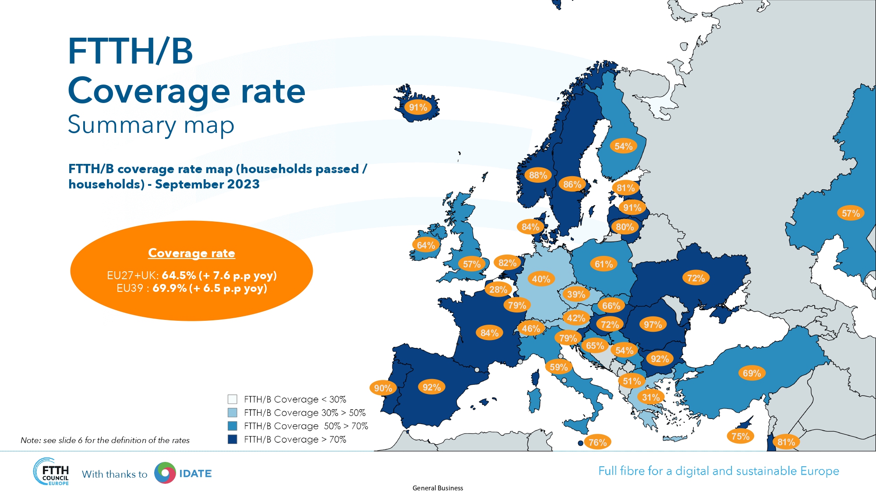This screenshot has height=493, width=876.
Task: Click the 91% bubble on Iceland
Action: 418,107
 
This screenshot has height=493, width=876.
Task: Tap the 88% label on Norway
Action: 538,175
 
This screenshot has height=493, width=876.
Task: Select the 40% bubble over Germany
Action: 541,279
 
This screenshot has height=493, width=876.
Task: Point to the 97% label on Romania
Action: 653,325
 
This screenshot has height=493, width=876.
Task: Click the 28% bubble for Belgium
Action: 498,290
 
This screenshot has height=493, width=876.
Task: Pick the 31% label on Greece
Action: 650,397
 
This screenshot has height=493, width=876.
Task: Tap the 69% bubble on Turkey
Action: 752,373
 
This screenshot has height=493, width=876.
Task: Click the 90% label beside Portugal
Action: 383,388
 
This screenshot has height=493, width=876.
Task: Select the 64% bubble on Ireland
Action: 426,245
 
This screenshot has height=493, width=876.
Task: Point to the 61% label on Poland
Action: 604,264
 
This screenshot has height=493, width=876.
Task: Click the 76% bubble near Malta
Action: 597,443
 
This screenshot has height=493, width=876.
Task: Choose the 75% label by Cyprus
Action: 740,436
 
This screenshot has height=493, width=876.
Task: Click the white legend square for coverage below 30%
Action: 233,399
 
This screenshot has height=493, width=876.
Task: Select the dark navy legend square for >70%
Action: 233,439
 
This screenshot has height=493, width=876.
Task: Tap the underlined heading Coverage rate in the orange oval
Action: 191,253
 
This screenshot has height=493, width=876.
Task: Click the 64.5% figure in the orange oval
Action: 179,276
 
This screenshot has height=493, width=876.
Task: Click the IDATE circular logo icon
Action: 165,473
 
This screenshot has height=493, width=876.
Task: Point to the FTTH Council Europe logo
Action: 51,472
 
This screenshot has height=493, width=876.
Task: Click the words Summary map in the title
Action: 151,125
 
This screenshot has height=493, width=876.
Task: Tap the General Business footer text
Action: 438,488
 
